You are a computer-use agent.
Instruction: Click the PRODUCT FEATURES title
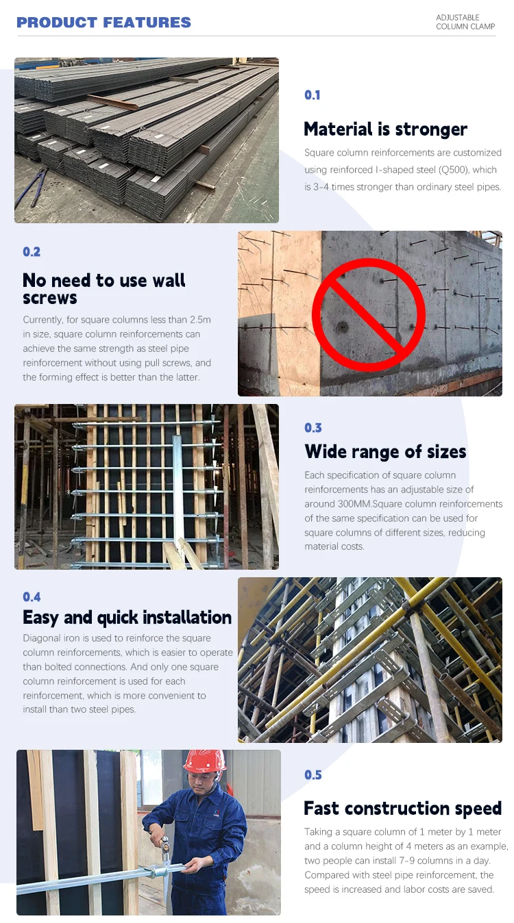tap(103, 23)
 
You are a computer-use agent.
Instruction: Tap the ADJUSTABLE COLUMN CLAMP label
tap(465, 23)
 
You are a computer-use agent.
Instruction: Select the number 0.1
tap(313, 95)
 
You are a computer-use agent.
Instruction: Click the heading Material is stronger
tap(385, 129)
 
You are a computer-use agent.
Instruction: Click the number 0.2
tap(32, 252)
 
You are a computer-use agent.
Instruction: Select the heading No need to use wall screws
tap(103, 288)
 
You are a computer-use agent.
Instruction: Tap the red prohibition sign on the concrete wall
tap(369, 314)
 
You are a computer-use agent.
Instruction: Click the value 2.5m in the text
tap(198, 320)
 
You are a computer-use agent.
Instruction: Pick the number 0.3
tap(313, 428)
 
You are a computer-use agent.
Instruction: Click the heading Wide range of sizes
tap(385, 451)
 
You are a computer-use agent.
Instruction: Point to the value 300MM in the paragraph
tap(352, 504)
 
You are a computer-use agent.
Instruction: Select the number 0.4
tap(32, 597)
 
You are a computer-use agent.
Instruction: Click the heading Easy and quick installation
tap(127, 618)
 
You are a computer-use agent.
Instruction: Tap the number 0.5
tap(313, 775)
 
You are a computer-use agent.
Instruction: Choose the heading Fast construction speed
tap(402, 808)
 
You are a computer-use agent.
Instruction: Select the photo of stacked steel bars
tap(147, 140)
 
